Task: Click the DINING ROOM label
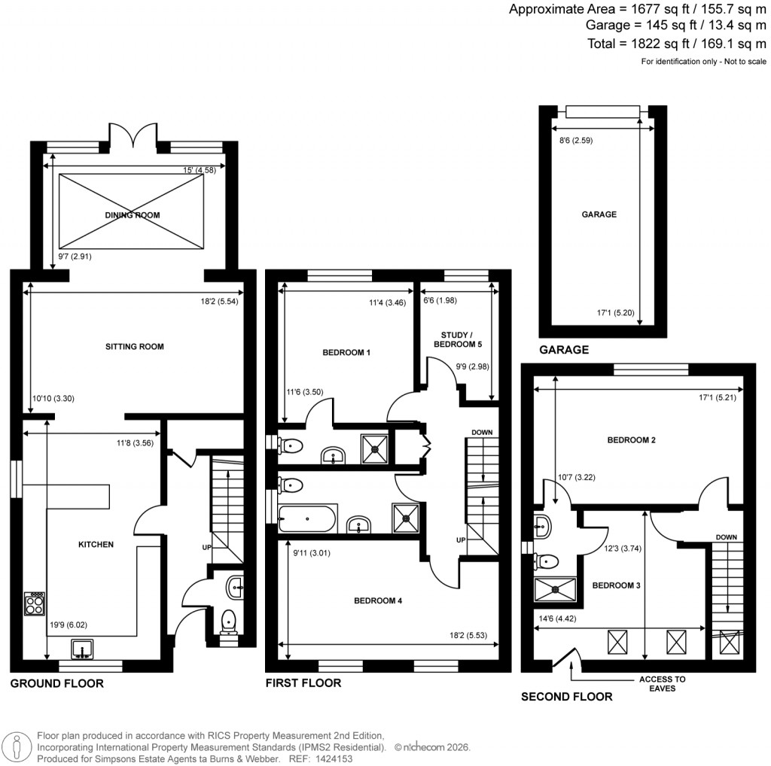click(133, 215)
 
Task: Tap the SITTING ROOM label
click(135, 347)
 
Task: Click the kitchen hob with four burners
click(35, 603)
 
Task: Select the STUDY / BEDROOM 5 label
click(457, 339)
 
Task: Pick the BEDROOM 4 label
click(379, 600)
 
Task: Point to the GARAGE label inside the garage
click(599, 214)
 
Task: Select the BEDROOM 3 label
click(616, 585)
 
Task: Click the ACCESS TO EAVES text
click(663, 683)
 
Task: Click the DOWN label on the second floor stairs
click(727, 537)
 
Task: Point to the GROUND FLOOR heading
click(56, 683)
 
